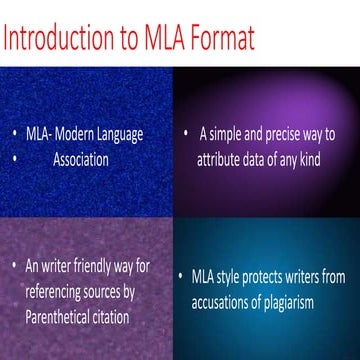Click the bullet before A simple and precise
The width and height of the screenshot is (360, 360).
point(186,133)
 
